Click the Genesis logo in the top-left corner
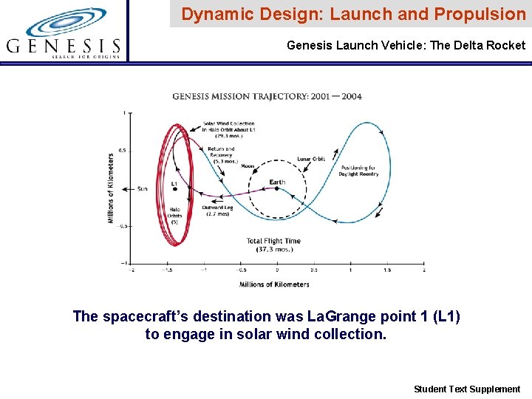click(64, 33)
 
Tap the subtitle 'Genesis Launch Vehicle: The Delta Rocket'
click(406, 46)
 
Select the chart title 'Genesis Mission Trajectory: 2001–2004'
click(267, 96)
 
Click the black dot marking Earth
click(277, 188)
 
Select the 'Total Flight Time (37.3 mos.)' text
click(273, 245)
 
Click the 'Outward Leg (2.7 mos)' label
click(219, 211)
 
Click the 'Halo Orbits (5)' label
click(174, 215)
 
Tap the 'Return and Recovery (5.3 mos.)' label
click(221, 154)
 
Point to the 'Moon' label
click(248, 167)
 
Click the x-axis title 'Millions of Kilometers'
click(274, 284)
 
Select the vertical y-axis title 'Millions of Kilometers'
click(111, 188)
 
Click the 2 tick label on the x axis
click(423, 270)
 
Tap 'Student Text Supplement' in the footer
click(467, 389)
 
